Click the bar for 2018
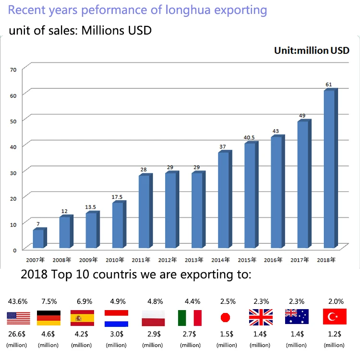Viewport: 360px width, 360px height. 329,169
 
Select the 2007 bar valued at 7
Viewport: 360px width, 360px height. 39,239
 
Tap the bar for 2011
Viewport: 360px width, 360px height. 144,212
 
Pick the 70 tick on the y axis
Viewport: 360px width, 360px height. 13,70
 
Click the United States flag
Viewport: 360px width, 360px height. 18,318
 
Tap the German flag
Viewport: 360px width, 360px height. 49,318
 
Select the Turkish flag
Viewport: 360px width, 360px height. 335,318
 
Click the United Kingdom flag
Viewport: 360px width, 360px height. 261,318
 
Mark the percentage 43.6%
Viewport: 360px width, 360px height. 18,301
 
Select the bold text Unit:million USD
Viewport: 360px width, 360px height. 312,50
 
